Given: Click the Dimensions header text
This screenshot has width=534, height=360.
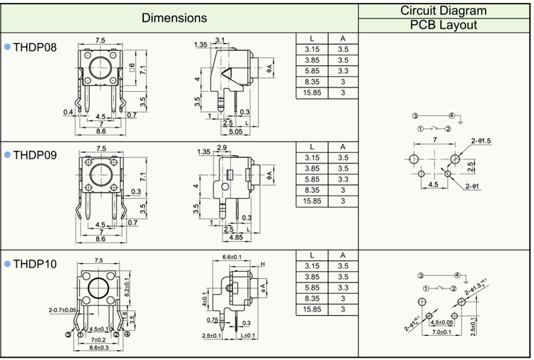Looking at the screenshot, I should point(174,18).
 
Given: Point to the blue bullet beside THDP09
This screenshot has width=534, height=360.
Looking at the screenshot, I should point(7,154).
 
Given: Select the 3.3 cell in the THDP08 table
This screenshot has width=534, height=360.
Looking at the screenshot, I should point(342,71).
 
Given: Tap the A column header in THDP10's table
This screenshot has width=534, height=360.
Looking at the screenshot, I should point(342,255).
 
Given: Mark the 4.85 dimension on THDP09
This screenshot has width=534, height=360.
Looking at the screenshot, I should point(234,237).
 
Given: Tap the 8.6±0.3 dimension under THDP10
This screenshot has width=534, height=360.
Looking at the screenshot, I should point(99,349).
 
